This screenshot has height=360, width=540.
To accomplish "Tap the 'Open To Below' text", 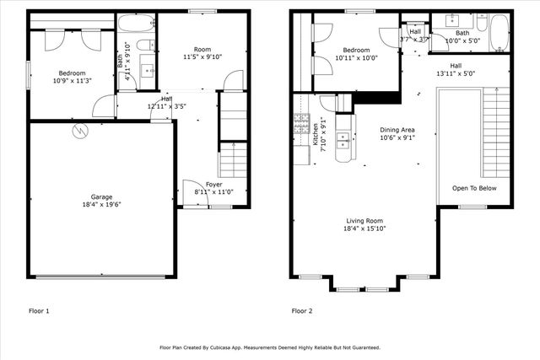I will [473, 188].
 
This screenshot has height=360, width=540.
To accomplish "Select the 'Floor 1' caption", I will [39, 311].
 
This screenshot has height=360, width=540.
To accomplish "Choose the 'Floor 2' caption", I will [302, 311].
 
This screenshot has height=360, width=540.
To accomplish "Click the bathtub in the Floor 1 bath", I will [136, 23].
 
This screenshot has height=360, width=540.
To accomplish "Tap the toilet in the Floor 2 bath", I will [480, 20].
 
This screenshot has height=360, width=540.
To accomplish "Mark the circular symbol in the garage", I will [80, 131].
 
